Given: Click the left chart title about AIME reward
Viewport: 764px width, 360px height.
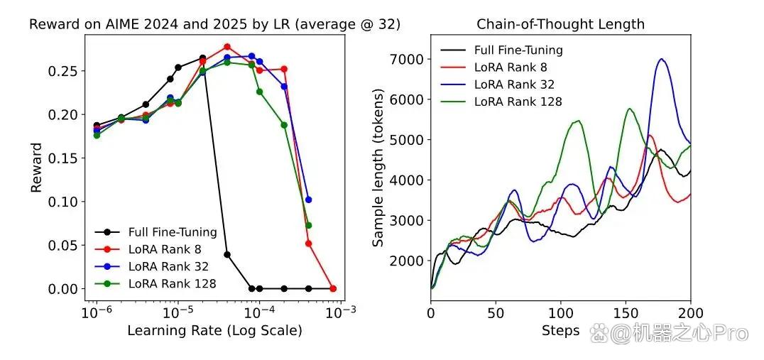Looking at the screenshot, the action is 215,24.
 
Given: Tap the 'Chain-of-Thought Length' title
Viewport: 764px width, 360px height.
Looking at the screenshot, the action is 560,24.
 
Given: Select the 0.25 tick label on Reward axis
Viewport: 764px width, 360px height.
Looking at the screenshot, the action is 66,70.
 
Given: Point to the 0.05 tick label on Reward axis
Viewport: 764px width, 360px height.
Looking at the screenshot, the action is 66,245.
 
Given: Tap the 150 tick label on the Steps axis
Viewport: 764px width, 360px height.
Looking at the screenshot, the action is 626,312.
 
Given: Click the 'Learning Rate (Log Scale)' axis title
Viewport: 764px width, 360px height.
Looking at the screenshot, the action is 214,331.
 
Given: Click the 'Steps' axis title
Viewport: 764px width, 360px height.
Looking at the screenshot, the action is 560,331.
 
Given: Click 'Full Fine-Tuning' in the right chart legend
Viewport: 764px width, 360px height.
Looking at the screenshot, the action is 518,50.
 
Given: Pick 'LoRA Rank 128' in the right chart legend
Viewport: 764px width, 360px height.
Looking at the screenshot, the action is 518,102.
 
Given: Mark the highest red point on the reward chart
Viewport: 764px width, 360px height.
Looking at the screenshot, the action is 227,47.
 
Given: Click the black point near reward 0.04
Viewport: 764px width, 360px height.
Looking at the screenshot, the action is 227,254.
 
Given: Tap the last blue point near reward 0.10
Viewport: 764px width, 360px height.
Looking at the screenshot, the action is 308,200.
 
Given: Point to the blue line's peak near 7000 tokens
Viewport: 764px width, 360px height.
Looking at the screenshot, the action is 661,59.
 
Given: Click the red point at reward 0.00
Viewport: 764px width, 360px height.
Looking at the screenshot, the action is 333,288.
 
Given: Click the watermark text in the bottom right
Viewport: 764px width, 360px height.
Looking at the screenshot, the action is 669,333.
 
